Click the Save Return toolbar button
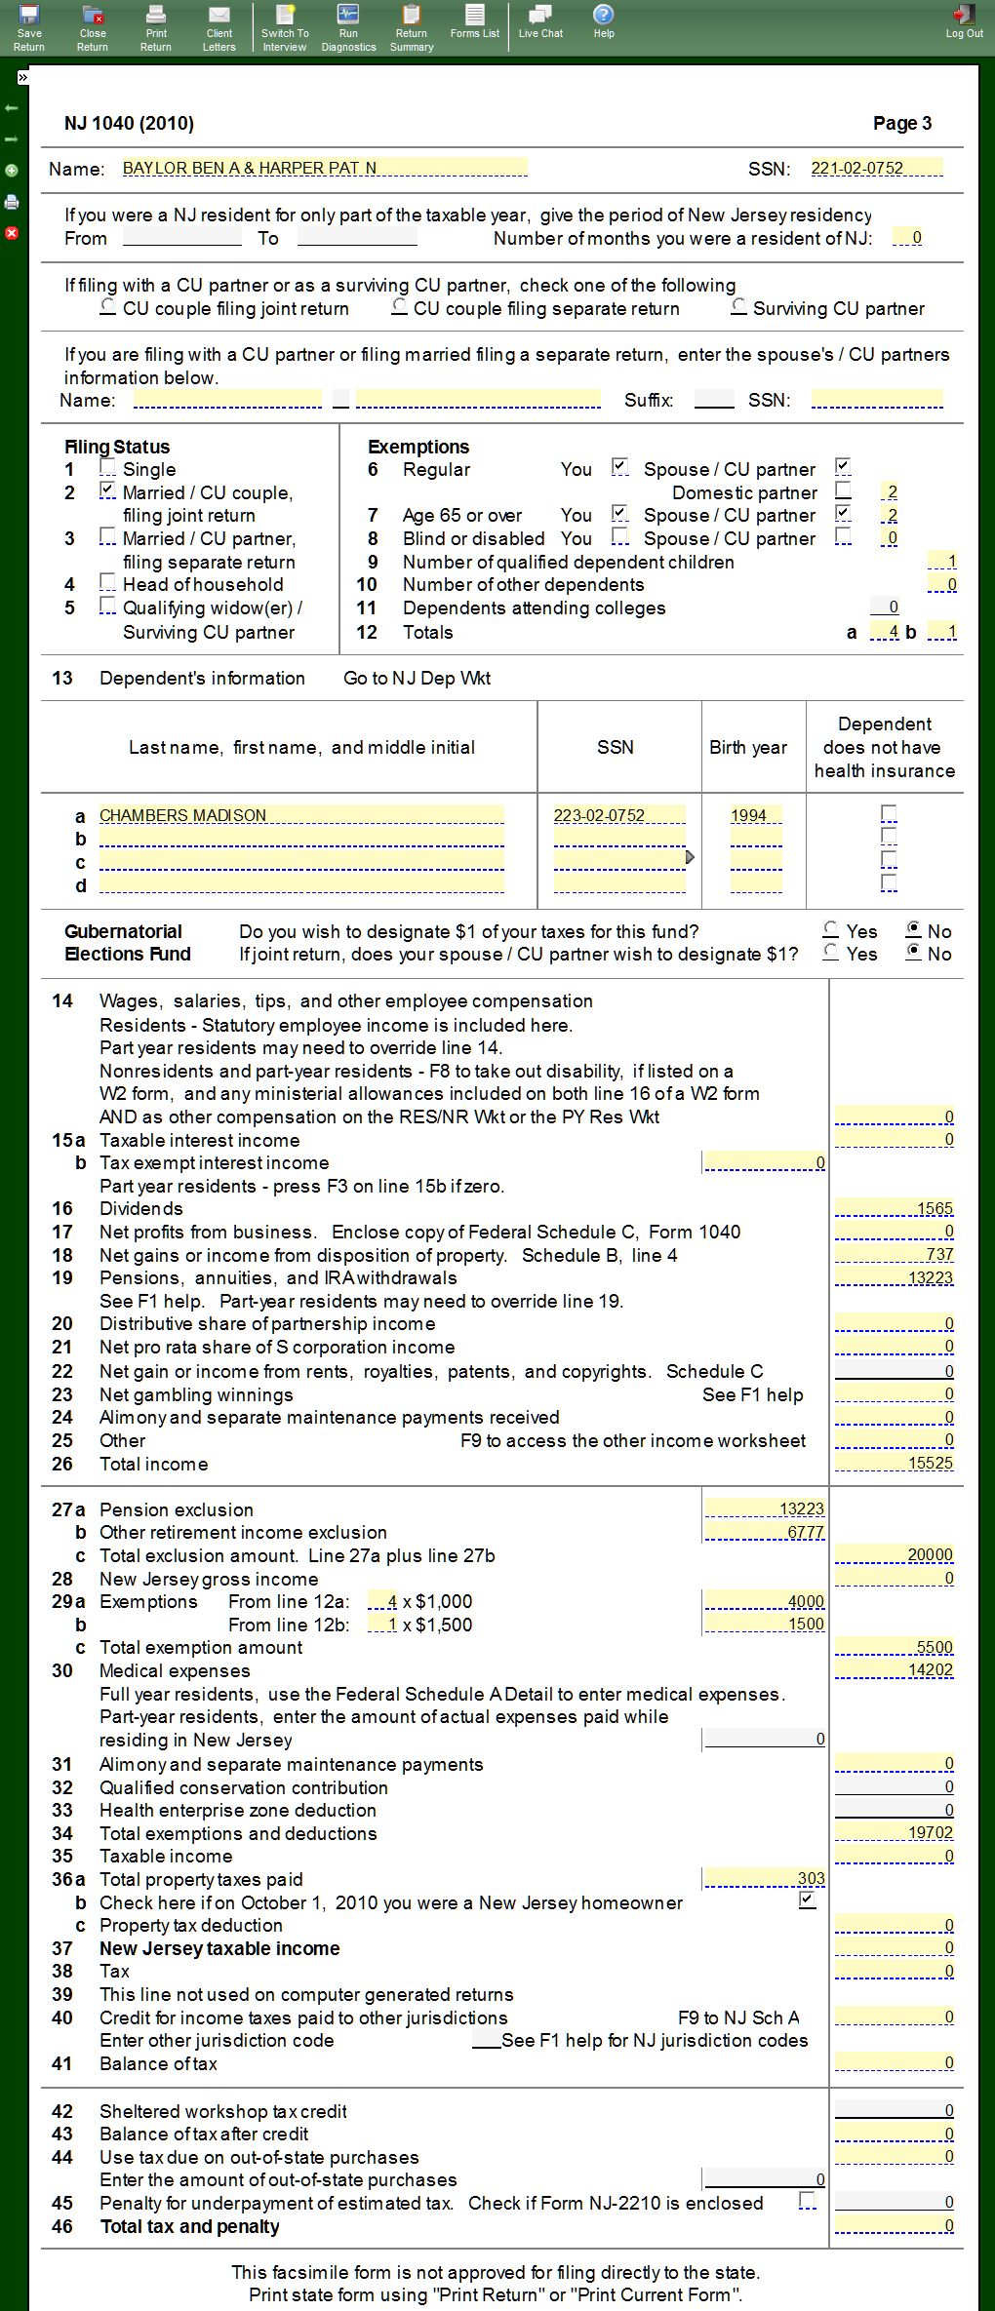point(29,27)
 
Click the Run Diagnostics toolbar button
point(348,27)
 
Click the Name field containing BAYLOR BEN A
point(324,168)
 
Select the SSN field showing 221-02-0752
point(876,168)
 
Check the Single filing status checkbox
point(107,468)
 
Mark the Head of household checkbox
point(107,583)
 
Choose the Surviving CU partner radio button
point(739,306)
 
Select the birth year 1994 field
point(755,815)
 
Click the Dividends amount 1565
point(894,1208)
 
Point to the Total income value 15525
point(894,1463)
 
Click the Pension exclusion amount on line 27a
point(765,1508)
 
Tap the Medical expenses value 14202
point(894,1669)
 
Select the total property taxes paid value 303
point(765,1878)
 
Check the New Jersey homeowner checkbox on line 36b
point(807,1900)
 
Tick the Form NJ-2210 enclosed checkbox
point(807,2201)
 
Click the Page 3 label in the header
point(901,123)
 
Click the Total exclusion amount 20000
point(894,1554)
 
